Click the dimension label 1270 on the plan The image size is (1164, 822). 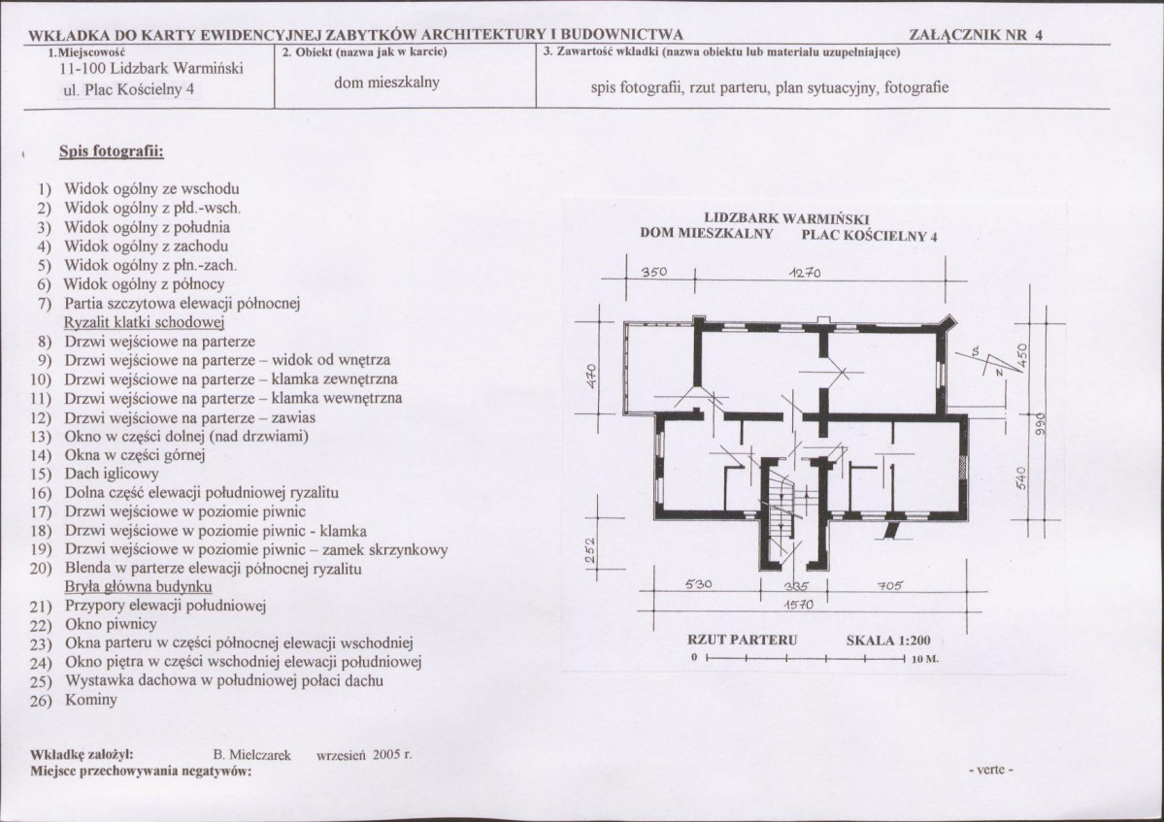(x=805, y=273)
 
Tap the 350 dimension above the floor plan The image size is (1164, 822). (x=654, y=273)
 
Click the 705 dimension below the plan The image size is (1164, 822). (x=889, y=585)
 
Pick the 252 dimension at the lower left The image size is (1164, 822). (x=590, y=554)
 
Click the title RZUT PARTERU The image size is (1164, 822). (x=742, y=641)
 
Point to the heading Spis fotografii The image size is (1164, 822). (x=111, y=151)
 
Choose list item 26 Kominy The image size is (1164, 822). (x=91, y=699)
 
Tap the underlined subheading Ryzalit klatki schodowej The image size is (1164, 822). (x=145, y=322)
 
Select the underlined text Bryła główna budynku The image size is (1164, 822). (x=139, y=587)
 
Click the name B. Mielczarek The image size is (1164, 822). (x=251, y=753)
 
